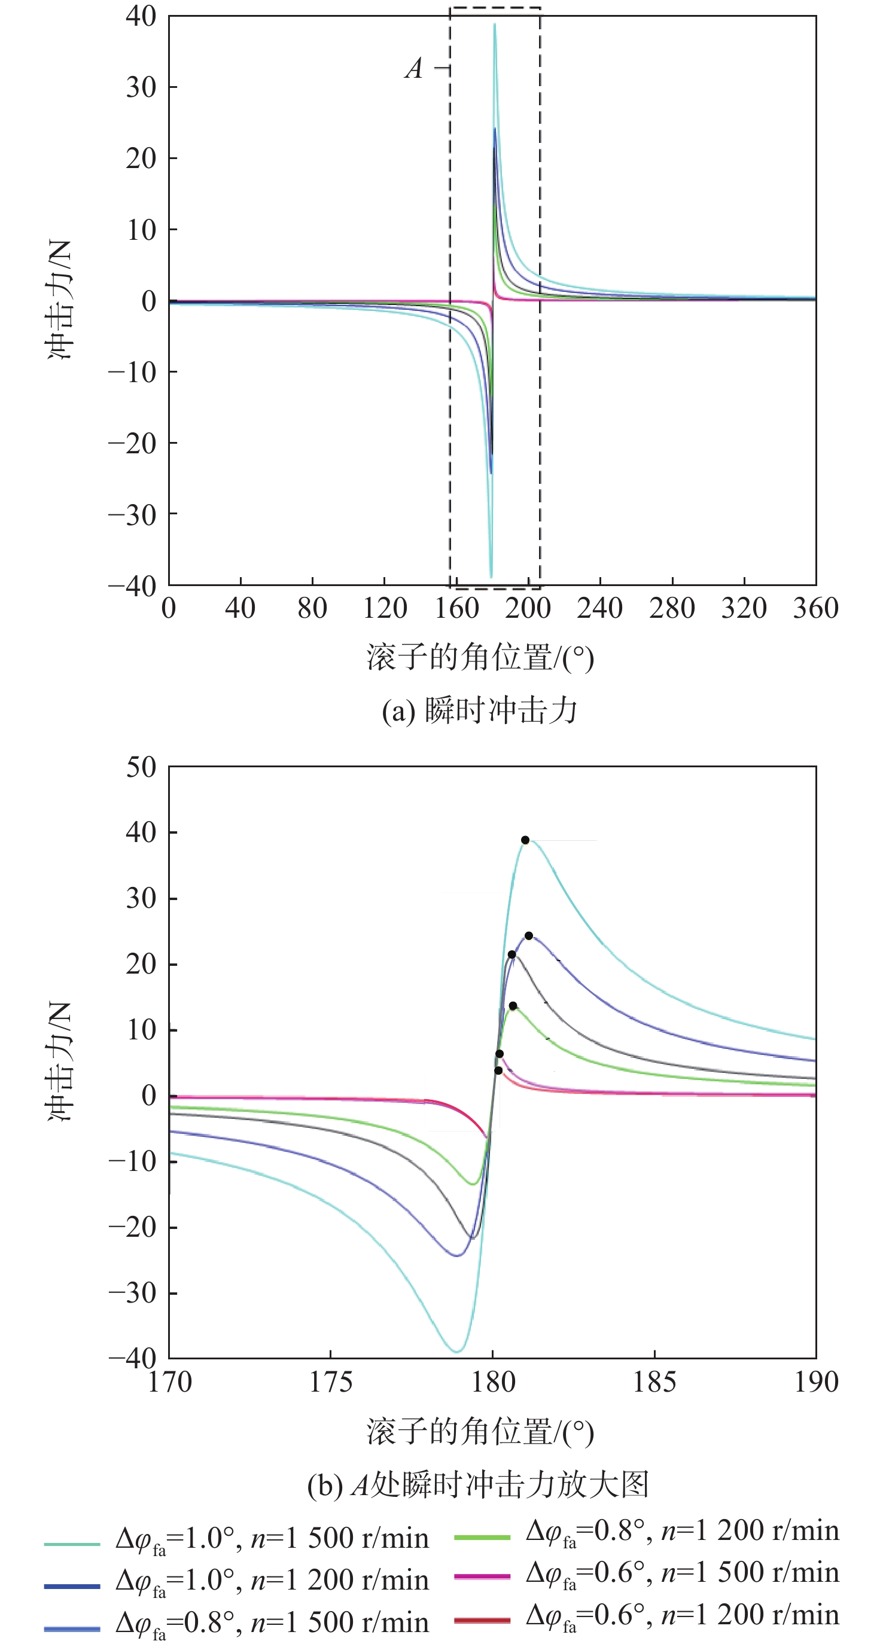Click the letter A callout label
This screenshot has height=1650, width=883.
tap(414, 68)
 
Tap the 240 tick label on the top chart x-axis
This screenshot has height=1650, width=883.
tap(600, 607)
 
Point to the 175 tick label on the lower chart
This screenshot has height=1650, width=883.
tap(331, 1381)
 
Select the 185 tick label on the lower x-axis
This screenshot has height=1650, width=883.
tap(654, 1381)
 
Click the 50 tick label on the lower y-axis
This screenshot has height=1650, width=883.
tap(141, 767)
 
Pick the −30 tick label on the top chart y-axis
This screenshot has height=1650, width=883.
tap(132, 514)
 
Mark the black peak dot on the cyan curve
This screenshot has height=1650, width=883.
tap(525, 840)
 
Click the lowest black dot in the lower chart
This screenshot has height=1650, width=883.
tap(498, 1070)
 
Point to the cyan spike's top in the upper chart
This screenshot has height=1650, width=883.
tap(494, 25)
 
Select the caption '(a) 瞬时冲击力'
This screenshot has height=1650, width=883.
tap(480, 710)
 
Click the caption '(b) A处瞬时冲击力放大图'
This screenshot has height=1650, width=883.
tap(479, 1484)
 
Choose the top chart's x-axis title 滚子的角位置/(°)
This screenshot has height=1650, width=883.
tap(480, 658)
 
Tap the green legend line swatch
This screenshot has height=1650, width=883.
tap(482, 1536)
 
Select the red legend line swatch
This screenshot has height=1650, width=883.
tap(482, 1620)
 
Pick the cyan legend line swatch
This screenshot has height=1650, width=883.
tap(72, 1544)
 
